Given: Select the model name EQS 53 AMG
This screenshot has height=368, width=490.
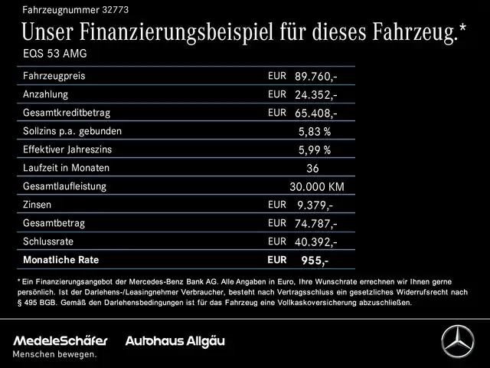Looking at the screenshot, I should pyautogui.click(x=54, y=54).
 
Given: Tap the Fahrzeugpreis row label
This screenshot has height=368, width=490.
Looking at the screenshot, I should pyautogui.click(x=54, y=77).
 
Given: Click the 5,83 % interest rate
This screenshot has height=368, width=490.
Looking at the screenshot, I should pyautogui.click(x=314, y=131).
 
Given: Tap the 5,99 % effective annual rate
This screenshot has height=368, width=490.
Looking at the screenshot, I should pyautogui.click(x=314, y=149).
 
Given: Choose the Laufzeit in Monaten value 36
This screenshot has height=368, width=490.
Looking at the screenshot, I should pyautogui.click(x=312, y=168).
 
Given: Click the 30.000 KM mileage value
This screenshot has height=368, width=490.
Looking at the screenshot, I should pyautogui.click(x=316, y=186).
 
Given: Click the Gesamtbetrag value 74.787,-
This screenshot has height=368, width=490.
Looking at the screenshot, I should pyautogui.click(x=315, y=223).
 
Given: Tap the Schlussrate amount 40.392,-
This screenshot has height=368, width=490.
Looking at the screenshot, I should pyautogui.click(x=315, y=242).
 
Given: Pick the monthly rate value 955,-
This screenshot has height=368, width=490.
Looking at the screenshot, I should pyautogui.click(x=315, y=261).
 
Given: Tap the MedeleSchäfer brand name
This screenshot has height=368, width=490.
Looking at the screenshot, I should pyautogui.click(x=60, y=340).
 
